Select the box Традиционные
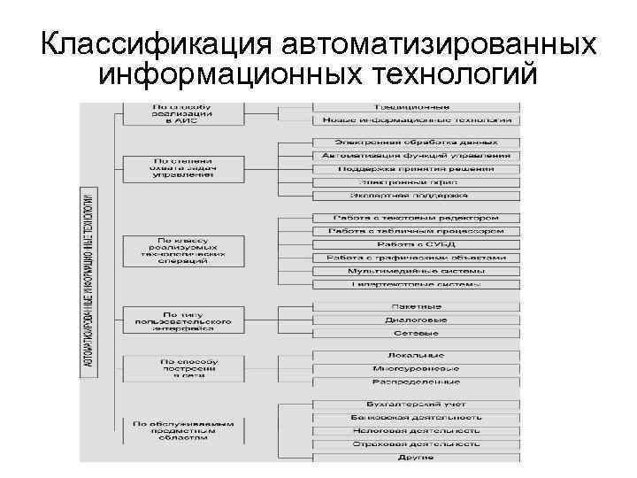[416, 106]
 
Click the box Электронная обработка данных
[416, 142]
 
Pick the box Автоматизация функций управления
[416, 155]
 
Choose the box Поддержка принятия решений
[416, 168]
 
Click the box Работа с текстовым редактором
[416, 218]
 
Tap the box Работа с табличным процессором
[416, 231]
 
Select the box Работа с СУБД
[416, 244]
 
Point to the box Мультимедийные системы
[416, 271]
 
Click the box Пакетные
[416, 306]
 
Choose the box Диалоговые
[416, 320]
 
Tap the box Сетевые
[416, 333]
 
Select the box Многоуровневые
[416, 368]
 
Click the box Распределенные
[416, 382]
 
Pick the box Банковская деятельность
[416, 417]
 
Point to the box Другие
[416, 457]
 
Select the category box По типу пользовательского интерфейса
[182, 320]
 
